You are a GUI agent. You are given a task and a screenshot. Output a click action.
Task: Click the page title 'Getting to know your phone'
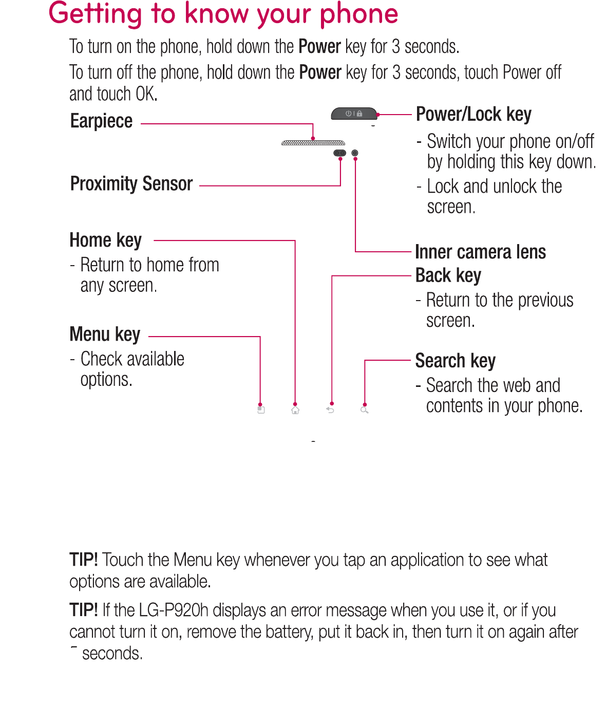[223, 14]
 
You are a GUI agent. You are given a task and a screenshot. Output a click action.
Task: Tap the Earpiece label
[101, 121]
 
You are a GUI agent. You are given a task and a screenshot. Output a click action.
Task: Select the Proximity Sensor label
[131, 184]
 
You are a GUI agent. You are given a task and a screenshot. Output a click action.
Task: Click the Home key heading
[105, 240]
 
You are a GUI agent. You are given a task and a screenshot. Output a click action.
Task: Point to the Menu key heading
[105, 335]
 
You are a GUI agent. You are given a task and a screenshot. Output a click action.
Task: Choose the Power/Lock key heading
[473, 115]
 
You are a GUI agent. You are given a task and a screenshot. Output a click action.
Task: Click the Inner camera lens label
[480, 252]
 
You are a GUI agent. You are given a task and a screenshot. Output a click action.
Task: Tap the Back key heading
[448, 276]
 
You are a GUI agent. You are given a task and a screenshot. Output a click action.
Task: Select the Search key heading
[455, 361]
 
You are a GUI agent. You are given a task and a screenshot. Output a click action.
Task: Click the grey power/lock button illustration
[353, 114]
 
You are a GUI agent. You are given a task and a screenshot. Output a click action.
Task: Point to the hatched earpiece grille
[313, 143]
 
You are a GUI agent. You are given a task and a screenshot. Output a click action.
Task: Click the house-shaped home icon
[295, 410]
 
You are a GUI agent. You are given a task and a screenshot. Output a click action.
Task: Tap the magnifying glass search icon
[365, 410]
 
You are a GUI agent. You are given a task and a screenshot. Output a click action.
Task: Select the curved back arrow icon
[330, 410]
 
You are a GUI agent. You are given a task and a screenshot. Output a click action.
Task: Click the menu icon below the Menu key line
[261, 410]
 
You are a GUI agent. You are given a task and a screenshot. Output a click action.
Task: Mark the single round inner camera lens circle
[355, 153]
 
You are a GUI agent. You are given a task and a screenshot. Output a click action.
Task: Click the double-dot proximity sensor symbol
[339, 153]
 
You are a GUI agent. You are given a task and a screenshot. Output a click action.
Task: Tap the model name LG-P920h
[174, 610]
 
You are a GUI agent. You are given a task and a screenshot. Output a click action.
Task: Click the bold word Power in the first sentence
[319, 47]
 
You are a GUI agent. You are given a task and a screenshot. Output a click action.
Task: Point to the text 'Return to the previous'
[499, 300]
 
